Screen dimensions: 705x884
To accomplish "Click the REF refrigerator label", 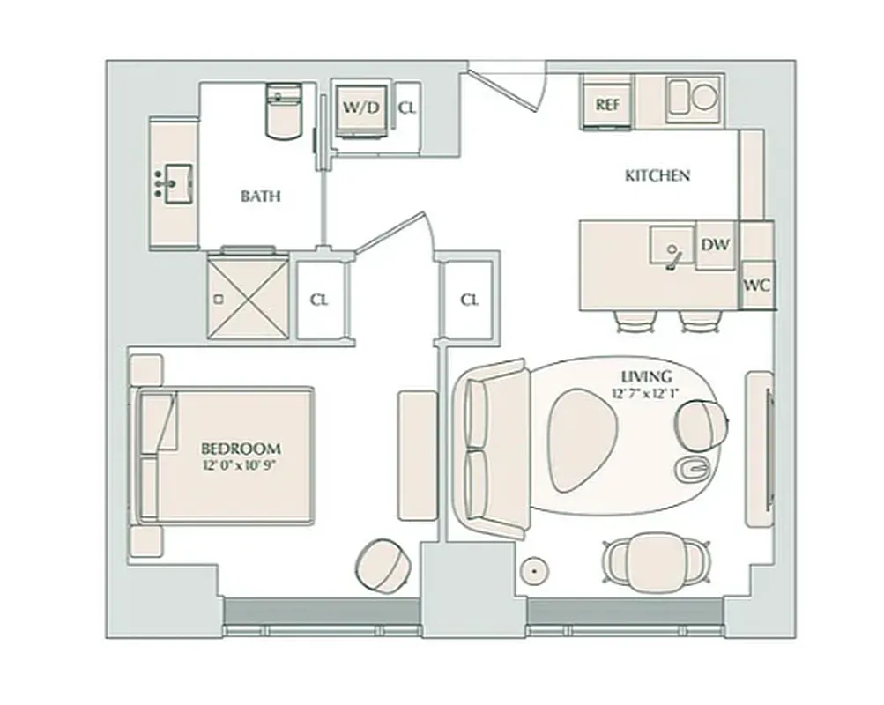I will coord(607,104).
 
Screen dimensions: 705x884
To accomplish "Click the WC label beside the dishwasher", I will coord(758,286).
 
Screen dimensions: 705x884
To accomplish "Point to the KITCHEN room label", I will coord(657,175).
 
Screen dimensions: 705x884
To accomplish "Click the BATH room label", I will coord(261,196).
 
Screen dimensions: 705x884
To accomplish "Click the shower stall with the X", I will coord(248,297).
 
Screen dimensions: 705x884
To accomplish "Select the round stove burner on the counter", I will coord(704,97).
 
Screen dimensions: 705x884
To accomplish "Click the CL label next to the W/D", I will coord(406,108).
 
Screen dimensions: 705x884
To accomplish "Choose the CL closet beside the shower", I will coord(319,300).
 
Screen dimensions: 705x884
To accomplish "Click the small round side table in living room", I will coord(532,570).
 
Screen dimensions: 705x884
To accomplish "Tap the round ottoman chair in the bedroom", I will coord(383,562).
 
